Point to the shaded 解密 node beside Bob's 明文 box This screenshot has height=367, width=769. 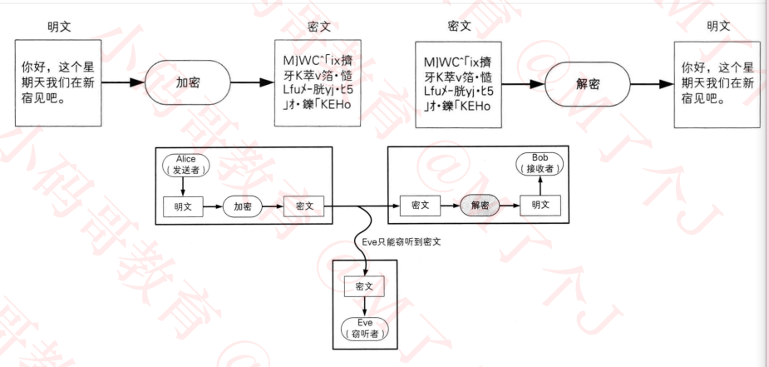tap(480, 205)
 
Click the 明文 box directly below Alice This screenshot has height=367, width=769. tap(183, 205)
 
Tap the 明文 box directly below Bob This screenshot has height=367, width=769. tap(540, 205)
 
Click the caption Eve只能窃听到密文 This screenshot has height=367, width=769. tap(402, 241)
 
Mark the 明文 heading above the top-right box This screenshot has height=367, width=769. tap(717, 26)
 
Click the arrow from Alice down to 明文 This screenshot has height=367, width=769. tap(183, 186)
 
